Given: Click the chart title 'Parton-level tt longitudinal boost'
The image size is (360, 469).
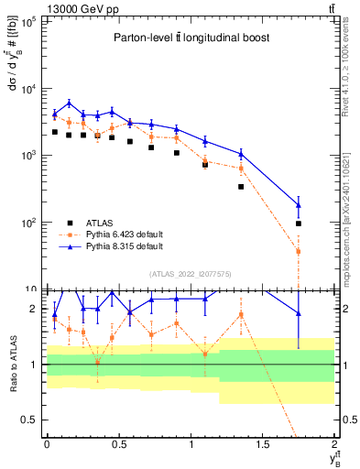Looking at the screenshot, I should click(191, 38).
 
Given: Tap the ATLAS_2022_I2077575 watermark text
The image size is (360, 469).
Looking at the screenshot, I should click(191, 273).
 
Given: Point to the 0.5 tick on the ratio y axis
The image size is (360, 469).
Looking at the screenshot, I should click(31, 420).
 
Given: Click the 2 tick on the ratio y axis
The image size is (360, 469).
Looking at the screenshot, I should click(35, 310).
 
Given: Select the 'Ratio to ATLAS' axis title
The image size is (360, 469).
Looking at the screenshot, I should click(10, 364).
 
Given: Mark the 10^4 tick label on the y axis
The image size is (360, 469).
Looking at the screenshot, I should click(28, 89).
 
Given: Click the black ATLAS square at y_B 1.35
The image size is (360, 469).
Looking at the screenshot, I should click(241, 187).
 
